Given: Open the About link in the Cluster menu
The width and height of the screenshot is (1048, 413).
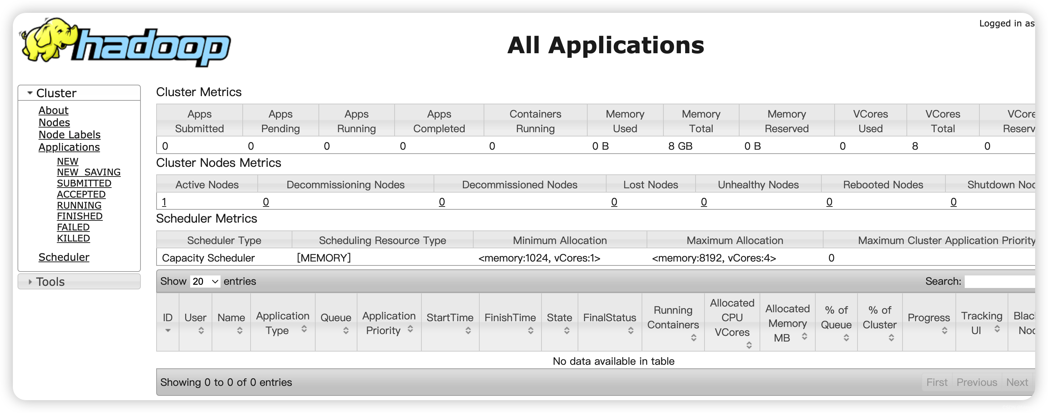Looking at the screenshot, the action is point(53,110).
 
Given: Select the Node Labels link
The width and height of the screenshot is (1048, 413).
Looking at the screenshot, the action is point(69,135).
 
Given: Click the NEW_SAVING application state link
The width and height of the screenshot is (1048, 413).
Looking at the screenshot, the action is point(88,172).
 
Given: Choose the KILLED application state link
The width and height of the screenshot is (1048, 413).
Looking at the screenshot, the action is point(73,238).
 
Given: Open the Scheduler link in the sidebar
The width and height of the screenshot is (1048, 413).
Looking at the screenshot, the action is point(64,257).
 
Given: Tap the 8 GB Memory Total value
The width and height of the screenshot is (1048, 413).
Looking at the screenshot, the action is point(680,146).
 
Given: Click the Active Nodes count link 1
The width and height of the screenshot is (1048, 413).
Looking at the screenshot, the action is point(164,202).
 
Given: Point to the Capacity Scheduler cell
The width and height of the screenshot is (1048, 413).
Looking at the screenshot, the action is point(208,258).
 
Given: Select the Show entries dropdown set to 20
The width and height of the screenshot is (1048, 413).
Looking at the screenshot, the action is point(205,281).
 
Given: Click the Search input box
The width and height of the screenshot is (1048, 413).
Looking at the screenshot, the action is point(999,281).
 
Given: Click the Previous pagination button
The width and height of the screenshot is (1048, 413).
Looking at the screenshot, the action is point(977,382).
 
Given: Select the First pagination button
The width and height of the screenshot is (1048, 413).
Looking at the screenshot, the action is point(936,382).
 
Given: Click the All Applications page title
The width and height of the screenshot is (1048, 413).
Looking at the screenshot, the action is point(605,45).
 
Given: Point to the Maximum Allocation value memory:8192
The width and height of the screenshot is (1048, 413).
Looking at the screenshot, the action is point(713,258).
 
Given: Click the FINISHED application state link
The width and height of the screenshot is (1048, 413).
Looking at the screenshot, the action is point(79,216).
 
